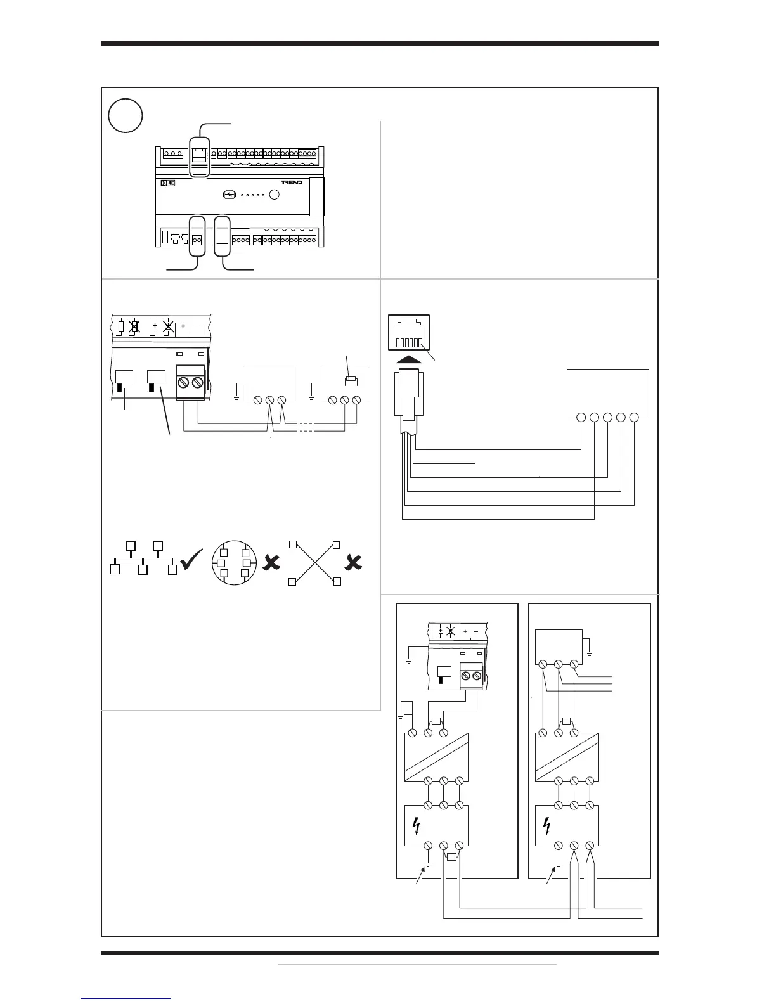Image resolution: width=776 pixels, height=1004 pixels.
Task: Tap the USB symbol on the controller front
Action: tap(231, 194)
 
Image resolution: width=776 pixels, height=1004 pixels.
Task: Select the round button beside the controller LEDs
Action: tap(275, 194)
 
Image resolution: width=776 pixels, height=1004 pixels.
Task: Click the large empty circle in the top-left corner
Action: tap(125, 115)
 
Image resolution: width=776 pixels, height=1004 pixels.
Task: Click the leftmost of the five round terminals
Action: tap(581, 418)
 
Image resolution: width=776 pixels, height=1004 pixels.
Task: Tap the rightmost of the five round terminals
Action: tap(634, 418)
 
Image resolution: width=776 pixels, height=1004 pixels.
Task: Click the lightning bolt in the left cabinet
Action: tap(417, 825)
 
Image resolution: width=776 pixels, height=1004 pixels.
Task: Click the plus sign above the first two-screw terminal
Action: tap(183, 326)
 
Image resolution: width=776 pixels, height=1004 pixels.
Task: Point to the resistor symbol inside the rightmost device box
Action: tap(348, 380)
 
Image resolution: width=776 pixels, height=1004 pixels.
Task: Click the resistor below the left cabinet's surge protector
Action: tap(451, 857)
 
